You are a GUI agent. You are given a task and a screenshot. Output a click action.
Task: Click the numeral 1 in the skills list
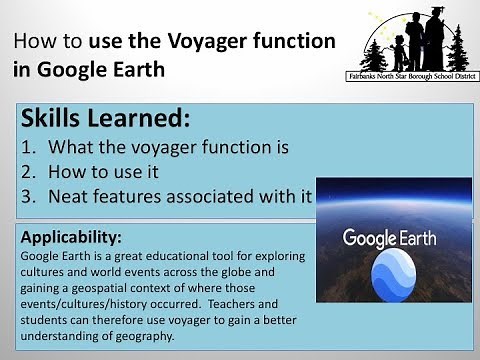27,148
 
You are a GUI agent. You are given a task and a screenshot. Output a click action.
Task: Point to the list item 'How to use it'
103,171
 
